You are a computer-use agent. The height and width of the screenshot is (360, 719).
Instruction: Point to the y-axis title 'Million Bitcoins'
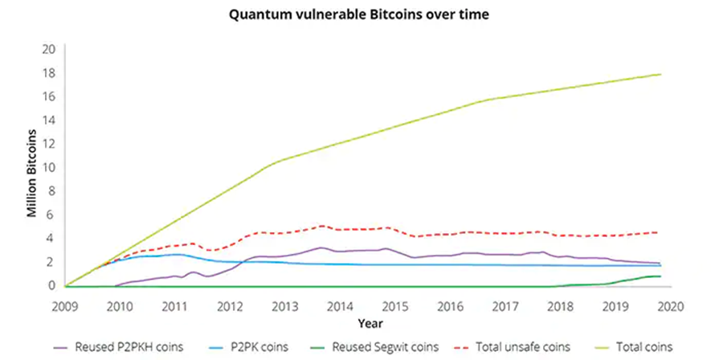click(33, 172)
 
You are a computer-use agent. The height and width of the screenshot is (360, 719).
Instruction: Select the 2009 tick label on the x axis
click(65, 306)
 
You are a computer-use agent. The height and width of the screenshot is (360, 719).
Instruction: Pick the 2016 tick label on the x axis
click(451, 306)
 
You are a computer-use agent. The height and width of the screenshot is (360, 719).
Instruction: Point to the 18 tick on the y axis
click(48, 73)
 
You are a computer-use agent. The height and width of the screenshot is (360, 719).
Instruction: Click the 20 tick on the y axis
click(48, 50)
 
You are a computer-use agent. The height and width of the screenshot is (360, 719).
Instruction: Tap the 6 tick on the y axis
click(51, 215)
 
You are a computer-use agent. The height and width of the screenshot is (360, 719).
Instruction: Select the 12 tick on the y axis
click(48, 144)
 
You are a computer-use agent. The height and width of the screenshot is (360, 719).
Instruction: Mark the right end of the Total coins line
click(660, 75)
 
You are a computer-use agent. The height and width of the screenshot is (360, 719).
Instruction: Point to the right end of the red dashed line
click(660, 232)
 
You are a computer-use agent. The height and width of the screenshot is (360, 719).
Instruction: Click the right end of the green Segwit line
click(660, 276)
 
